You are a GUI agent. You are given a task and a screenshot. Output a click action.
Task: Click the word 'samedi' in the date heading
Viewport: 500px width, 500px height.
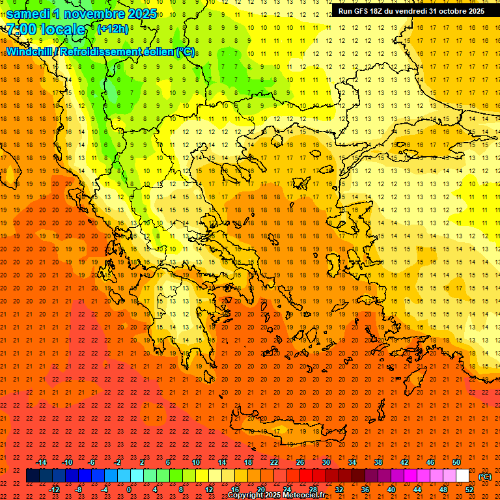point(28,14)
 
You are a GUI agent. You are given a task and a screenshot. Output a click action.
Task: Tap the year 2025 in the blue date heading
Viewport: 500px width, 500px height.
point(142,14)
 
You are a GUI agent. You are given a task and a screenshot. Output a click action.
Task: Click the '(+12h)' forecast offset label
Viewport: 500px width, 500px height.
point(113,29)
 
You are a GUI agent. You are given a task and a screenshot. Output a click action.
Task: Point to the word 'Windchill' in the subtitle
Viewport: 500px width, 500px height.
point(30,51)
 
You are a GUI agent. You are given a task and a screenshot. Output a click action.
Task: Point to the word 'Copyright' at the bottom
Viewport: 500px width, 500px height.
point(246,495)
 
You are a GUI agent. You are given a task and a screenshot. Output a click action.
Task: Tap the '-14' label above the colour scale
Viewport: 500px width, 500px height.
point(42,462)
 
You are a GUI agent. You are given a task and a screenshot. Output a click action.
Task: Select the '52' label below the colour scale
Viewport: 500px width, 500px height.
point(469,490)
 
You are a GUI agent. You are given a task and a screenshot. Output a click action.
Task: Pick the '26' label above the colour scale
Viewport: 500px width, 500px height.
point(300,462)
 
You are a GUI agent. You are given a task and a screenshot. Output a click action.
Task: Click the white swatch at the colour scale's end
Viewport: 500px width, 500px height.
point(462,476)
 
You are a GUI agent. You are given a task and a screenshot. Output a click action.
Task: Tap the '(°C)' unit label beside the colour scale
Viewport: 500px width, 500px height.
point(485,477)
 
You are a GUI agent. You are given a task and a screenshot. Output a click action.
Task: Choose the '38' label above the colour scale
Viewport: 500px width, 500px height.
point(378,462)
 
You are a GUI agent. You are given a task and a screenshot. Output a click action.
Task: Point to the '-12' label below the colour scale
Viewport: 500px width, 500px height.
point(55,490)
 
